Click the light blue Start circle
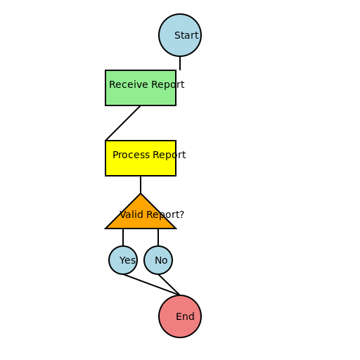coord(179,35)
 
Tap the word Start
coord(186,35)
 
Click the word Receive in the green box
coord(129,84)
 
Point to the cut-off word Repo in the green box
coord(163,85)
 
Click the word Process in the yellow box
coord(131,155)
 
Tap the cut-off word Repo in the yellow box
coord(164,155)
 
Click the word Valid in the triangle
coord(131,214)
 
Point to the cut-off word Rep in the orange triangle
coord(155,215)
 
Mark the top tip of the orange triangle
coord(141,195)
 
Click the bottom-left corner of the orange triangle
coord(108,227)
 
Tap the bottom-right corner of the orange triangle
coord(173,227)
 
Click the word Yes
coord(127,260)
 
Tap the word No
coord(161,260)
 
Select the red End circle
coord(179,316)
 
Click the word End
coord(185,316)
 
